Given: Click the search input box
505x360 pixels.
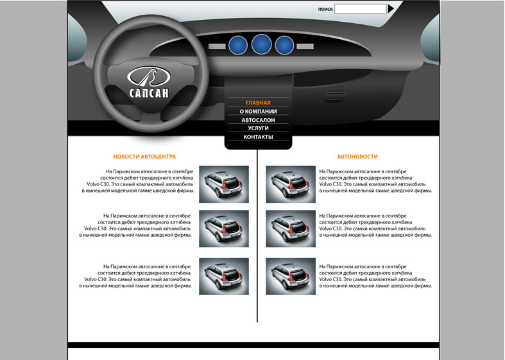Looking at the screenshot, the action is pyautogui.click(x=361, y=9).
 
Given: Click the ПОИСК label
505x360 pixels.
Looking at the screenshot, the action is pyautogui.click(x=325, y=10).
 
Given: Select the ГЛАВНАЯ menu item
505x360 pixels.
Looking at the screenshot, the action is pyautogui.click(x=259, y=103).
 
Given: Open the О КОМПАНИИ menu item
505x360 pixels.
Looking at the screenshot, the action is pyautogui.click(x=259, y=112).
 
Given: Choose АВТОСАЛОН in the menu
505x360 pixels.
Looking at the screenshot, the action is pyautogui.click(x=259, y=120).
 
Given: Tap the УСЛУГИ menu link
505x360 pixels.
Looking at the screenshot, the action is pyautogui.click(x=259, y=128).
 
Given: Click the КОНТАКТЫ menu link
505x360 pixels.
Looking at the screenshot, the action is pyautogui.click(x=259, y=137).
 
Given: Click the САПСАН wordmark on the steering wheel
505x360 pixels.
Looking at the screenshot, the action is pyautogui.click(x=149, y=93).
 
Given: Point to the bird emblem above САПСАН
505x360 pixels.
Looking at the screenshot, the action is pyautogui.click(x=149, y=76).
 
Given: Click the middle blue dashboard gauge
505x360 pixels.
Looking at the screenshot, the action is pyautogui.click(x=262, y=44).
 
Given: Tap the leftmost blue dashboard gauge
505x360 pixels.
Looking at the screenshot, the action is pyautogui.click(x=238, y=46).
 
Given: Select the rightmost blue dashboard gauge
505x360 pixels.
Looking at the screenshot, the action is pyautogui.click(x=284, y=46).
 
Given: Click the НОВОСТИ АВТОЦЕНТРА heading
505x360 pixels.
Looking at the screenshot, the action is pyautogui.click(x=144, y=157).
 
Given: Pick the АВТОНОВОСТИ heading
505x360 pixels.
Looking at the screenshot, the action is pyautogui.click(x=357, y=157).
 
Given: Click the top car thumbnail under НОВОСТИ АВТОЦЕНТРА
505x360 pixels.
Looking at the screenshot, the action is pyautogui.click(x=224, y=184).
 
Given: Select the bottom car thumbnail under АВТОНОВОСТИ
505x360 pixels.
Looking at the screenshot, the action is pyautogui.click(x=291, y=277).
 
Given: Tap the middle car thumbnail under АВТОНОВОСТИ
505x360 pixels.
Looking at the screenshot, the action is pyautogui.click(x=291, y=228).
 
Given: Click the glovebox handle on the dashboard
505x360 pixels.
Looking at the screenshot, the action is pyautogui.click(x=334, y=97).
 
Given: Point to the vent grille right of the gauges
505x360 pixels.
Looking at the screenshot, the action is pyautogui.click(x=305, y=46).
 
